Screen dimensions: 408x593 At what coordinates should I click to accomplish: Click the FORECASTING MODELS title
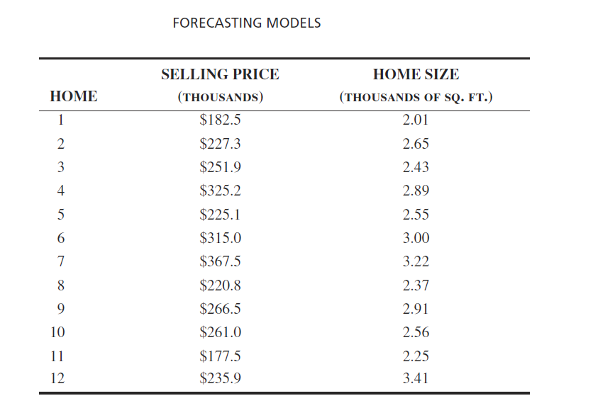coord(246,23)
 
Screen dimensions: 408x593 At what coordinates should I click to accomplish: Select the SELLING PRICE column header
coord(220,74)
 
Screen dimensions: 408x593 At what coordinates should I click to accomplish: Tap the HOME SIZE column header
coord(416,74)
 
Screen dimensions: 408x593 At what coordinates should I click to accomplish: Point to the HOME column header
coord(74,97)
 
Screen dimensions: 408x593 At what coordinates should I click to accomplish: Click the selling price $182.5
coord(220,120)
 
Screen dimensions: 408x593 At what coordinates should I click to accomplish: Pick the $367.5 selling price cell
coord(220,261)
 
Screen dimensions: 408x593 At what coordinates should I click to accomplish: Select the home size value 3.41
coord(416,379)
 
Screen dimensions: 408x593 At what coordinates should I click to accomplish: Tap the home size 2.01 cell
coord(416,120)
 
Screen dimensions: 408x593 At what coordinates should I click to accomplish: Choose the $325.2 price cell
coord(220,191)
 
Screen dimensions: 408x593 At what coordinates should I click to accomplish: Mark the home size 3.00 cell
coord(416,238)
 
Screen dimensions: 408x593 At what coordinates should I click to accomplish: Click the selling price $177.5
coord(220,356)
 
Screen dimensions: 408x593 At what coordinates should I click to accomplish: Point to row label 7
coord(60,261)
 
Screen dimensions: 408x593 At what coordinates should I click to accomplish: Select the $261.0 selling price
coord(220,332)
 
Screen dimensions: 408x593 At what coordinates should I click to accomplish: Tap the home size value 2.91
coord(416,309)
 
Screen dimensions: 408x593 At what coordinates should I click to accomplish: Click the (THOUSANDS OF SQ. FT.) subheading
coord(416,97)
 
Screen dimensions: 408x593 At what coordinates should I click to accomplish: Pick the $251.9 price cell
coord(220,167)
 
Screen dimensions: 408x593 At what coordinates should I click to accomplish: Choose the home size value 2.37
coord(416,285)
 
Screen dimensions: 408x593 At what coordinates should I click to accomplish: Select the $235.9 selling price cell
coord(220,379)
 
